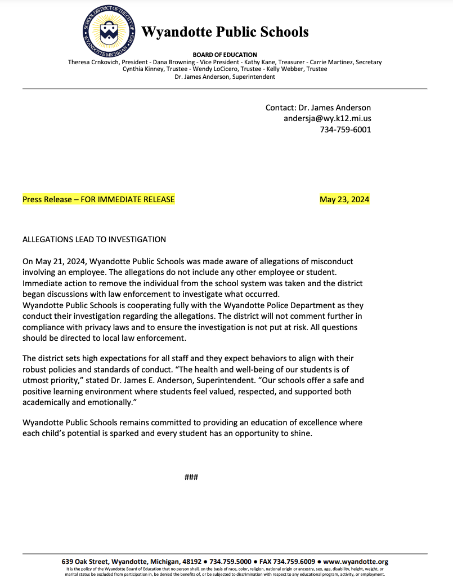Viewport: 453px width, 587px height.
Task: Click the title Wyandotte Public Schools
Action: pyautogui.click(x=225, y=32)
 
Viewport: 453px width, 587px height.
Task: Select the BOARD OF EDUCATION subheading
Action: pyautogui.click(x=225, y=55)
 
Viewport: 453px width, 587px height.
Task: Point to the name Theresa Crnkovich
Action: pyautogui.click(x=93, y=62)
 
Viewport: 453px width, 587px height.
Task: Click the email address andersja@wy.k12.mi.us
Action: pyautogui.click(x=327, y=119)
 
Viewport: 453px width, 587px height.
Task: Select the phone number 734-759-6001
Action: pyautogui.click(x=346, y=130)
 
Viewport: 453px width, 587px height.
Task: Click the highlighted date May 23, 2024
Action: pyautogui.click(x=344, y=199)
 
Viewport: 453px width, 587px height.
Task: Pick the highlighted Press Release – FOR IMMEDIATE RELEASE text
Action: pyautogui.click(x=98, y=199)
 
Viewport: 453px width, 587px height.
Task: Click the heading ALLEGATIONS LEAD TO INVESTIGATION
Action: pyautogui.click(x=94, y=239)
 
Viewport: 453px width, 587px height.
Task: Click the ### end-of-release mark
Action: pyautogui.click(x=191, y=478)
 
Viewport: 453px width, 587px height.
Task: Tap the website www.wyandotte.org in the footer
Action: pyautogui.click(x=356, y=562)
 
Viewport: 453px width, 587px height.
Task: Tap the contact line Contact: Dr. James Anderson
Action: pyautogui.click(x=318, y=108)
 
